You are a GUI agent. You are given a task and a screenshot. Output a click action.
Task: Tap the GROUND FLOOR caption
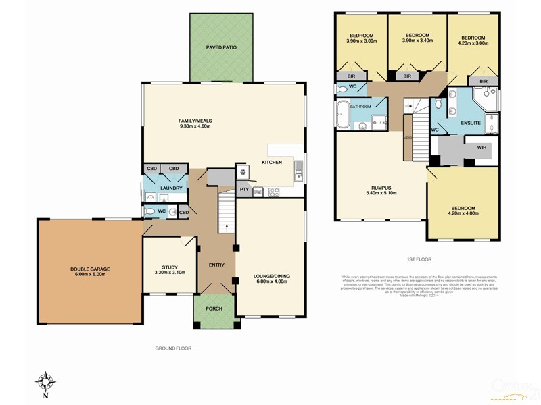tap(173, 348)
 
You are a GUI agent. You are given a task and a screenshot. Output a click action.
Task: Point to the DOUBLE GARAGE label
tap(90, 269)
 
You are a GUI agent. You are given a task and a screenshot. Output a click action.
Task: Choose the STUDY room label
tap(169, 267)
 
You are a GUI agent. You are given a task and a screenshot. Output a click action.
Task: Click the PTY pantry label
tap(244, 190)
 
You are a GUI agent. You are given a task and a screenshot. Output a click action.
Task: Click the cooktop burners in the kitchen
tap(274, 191)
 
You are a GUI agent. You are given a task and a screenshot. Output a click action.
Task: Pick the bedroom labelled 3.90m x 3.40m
tap(417, 41)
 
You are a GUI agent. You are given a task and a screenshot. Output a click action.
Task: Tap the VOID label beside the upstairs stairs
tap(408, 138)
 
